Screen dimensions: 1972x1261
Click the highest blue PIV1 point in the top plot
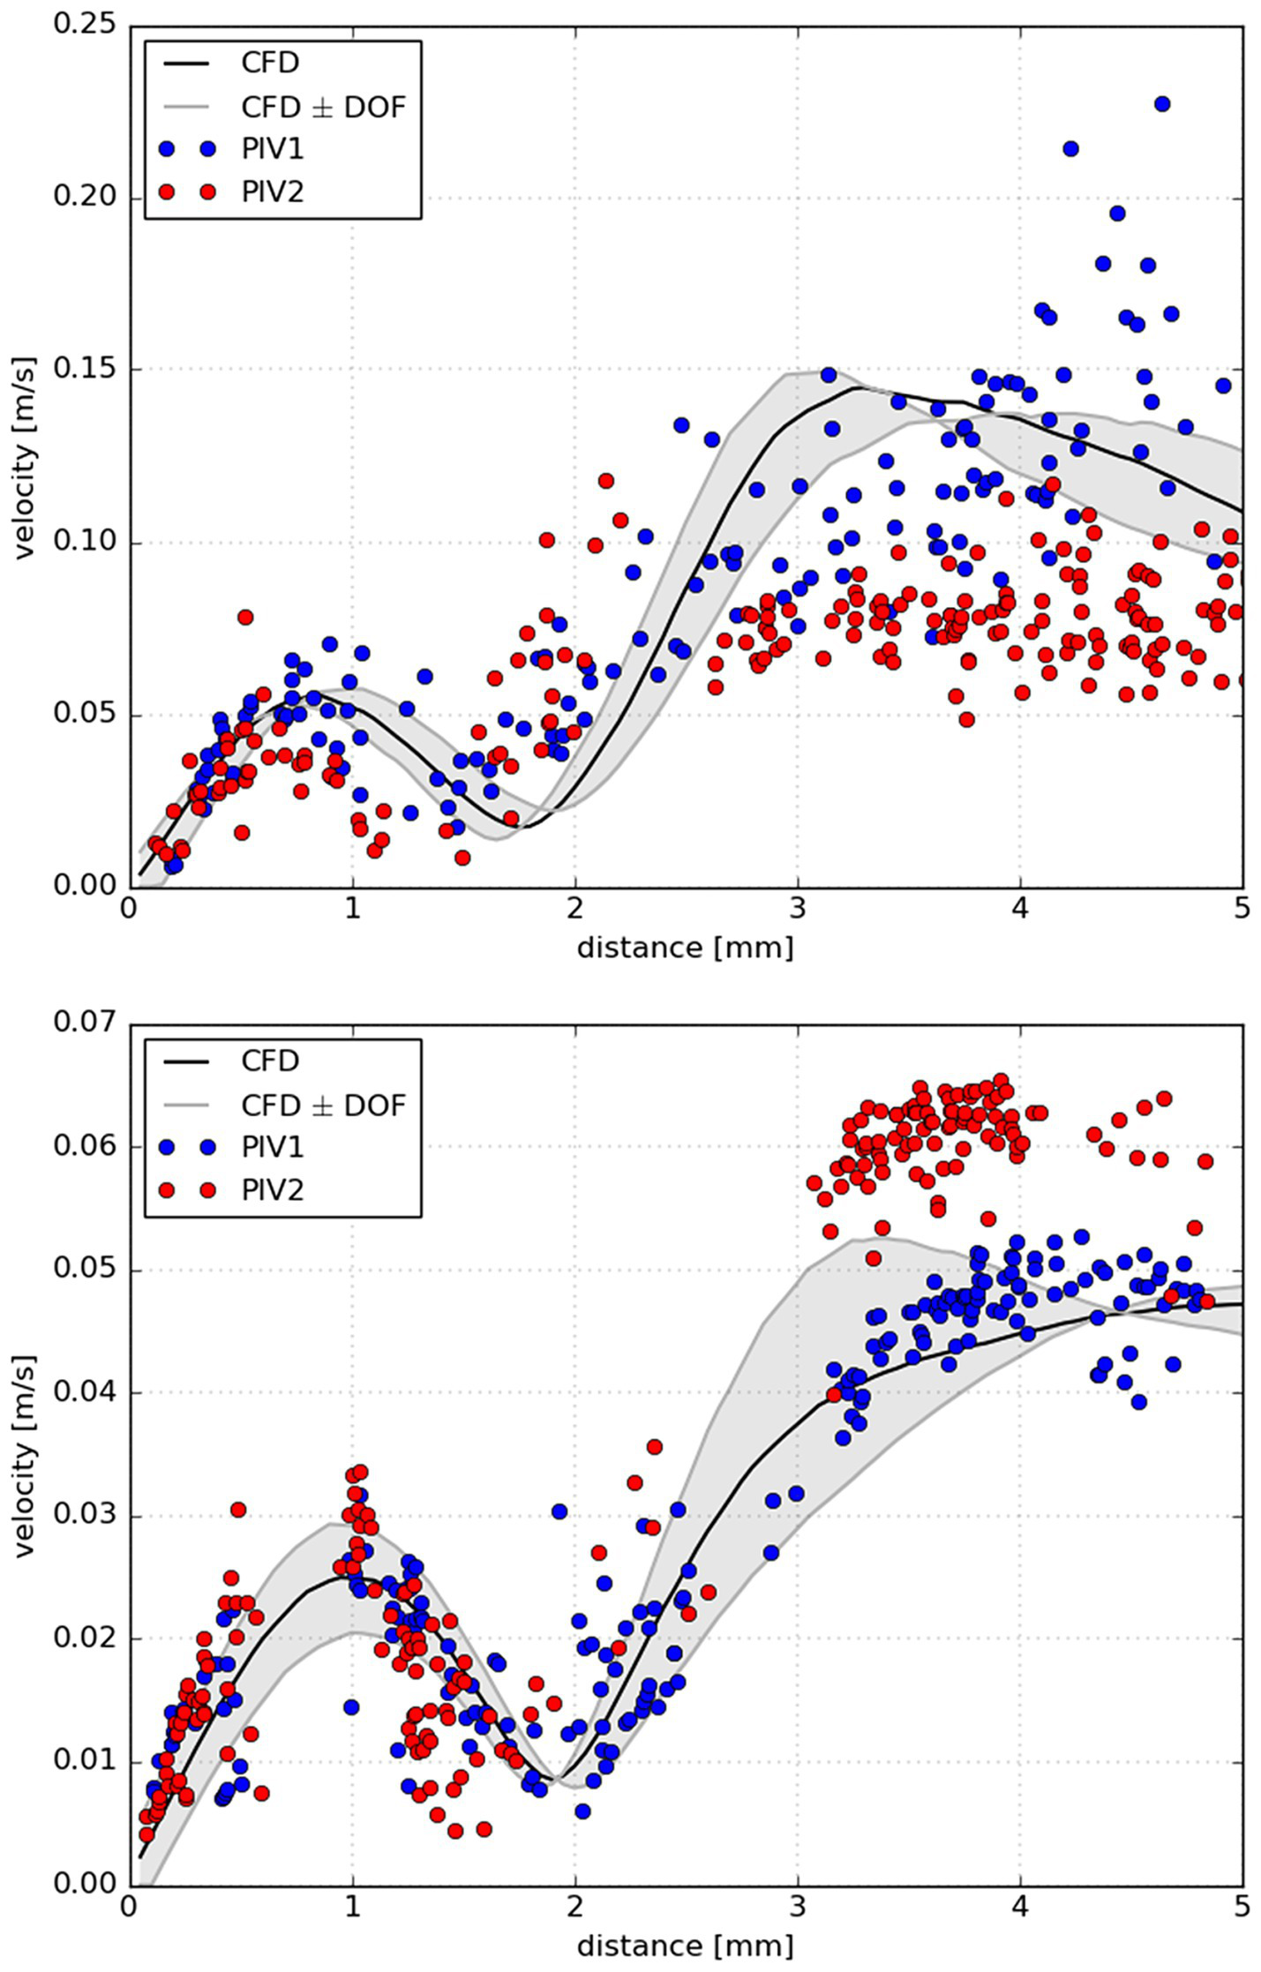coord(1162,104)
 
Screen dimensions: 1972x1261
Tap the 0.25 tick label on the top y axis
coord(85,24)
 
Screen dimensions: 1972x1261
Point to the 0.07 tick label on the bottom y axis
coord(85,1023)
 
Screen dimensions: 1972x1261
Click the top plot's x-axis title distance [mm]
coord(686,949)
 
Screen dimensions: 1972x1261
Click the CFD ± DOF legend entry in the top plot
coord(323,107)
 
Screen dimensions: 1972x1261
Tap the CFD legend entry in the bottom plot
coord(270,1061)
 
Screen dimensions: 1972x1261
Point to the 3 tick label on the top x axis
coord(798,910)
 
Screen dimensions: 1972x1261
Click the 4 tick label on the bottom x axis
coord(1020,1908)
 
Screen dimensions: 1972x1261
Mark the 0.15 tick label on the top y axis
coord(85,370)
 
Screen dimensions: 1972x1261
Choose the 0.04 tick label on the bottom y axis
coord(85,1393)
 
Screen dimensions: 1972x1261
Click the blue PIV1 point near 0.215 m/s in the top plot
coord(1070,148)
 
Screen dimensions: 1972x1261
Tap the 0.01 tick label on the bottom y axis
coord(85,1763)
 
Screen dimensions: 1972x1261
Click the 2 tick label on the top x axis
coord(575,910)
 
